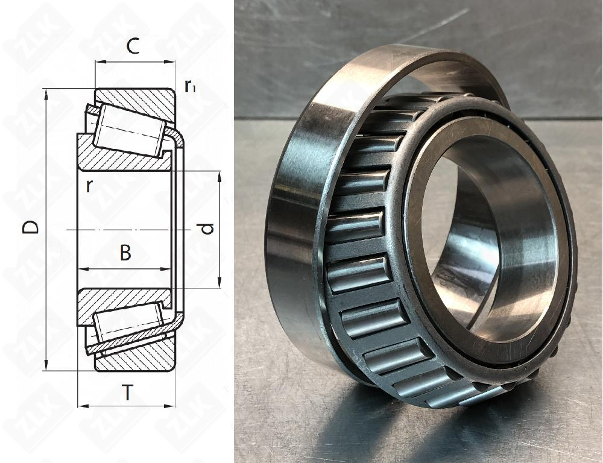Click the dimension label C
[133, 46]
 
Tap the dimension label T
[127, 393]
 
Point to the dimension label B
[125, 253]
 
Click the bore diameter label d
[207, 228]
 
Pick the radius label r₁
[191, 87]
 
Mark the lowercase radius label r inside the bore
[89, 185]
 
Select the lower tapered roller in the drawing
[128, 322]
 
